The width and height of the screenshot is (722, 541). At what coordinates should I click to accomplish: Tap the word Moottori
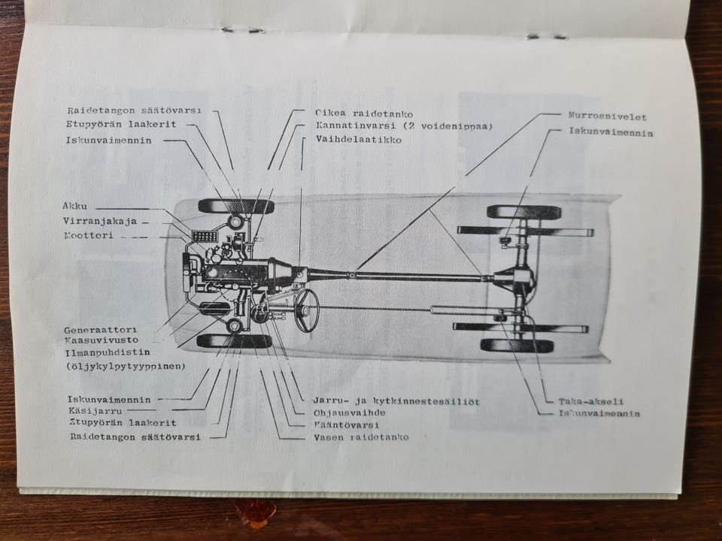88,235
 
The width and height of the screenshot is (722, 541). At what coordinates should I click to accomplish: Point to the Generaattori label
99,330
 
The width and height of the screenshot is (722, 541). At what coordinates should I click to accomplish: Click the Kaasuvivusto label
102,340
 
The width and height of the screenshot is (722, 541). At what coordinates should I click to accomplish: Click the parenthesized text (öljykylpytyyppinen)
126,366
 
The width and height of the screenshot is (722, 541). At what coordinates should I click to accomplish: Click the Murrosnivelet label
607,116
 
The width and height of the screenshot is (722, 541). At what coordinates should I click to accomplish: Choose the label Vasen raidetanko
361,437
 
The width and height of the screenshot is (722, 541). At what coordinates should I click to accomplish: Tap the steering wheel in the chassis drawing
306,310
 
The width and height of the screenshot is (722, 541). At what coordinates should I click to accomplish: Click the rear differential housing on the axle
518,280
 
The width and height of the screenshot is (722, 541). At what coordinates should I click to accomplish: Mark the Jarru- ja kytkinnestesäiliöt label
396,401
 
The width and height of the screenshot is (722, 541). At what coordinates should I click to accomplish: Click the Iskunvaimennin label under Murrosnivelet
611,133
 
